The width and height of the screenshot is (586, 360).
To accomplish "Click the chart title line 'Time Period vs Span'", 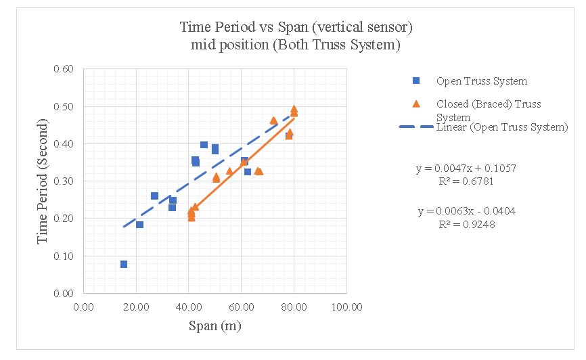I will [x=296, y=28].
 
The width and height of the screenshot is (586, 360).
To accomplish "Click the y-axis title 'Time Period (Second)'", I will [x=43, y=181].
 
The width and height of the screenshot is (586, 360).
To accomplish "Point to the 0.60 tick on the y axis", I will [x=64, y=69].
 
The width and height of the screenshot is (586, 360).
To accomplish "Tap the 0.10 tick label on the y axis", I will [x=64, y=256].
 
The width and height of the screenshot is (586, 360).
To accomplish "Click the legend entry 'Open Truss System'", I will [x=481, y=81].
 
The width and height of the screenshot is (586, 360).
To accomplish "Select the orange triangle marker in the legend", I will [x=417, y=104].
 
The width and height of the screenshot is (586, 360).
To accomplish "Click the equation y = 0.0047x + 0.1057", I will [x=466, y=168].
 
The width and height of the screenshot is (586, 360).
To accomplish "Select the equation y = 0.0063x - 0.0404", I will [x=466, y=211].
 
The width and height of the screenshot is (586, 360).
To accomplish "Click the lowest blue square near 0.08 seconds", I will [x=124, y=264].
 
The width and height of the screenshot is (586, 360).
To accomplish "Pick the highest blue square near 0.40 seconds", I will [x=204, y=145].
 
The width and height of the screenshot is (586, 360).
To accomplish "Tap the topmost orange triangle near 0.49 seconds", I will [x=294, y=109].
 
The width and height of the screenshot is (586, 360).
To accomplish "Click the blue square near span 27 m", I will [x=154, y=196].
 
